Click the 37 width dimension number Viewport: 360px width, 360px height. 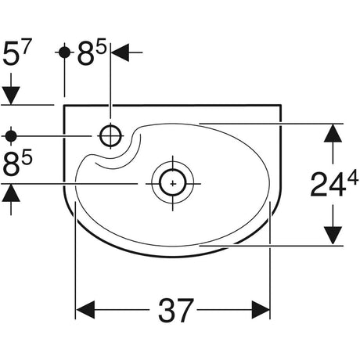176,310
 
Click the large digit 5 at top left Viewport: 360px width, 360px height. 10,55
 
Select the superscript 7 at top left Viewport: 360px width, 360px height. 26,46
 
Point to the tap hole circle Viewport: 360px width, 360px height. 111,135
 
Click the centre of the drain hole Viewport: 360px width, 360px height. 173,184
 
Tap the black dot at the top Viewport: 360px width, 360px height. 64,52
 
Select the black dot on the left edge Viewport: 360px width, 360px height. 11,136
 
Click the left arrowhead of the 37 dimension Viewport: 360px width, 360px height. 85,310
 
